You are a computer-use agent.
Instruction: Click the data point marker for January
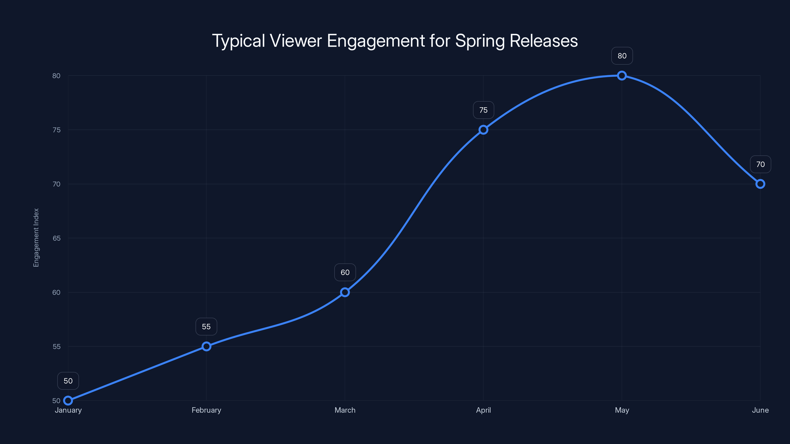(x=68, y=401)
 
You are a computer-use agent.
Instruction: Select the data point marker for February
(x=206, y=346)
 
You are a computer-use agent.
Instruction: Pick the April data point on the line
(x=483, y=129)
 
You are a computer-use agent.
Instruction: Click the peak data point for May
(x=622, y=76)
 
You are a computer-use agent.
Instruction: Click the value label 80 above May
(x=622, y=56)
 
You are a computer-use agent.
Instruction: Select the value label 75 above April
(x=483, y=110)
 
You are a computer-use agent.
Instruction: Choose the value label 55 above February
(x=206, y=327)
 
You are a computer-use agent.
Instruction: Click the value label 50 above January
(x=68, y=381)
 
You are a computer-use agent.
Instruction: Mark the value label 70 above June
(x=760, y=164)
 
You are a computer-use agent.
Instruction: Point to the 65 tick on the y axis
(x=57, y=238)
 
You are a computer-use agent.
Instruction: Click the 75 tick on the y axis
(x=57, y=130)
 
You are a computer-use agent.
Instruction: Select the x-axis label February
(x=206, y=410)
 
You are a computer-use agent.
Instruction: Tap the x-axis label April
(x=483, y=410)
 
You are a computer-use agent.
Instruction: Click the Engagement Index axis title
(x=36, y=238)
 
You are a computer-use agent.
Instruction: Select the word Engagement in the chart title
(x=376, y=41)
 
